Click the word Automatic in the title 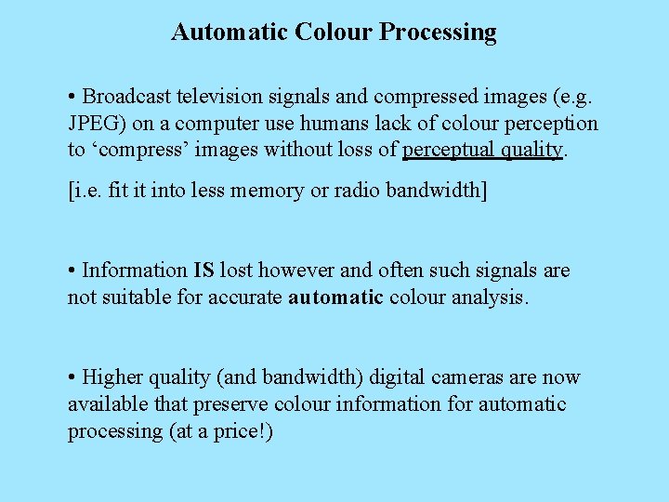point(230,33)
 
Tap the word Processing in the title point(439,33)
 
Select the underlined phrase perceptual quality point(482,151)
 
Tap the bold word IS point(203,271)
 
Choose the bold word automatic point(335,297)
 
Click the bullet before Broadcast point(72,97)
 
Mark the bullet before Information point(72,271)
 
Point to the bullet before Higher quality point(72,377)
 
